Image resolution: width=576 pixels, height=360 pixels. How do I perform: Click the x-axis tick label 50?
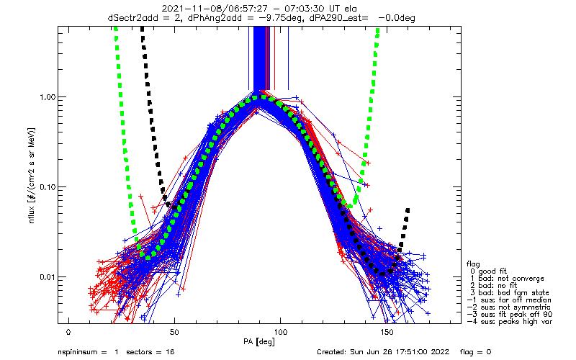tap(175, 332)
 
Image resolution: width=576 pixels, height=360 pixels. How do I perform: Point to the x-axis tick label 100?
tap(282, 332)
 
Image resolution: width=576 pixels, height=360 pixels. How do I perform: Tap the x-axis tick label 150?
tap(387, 332)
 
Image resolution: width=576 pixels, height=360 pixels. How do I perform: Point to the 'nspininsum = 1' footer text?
tap(86, 352)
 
